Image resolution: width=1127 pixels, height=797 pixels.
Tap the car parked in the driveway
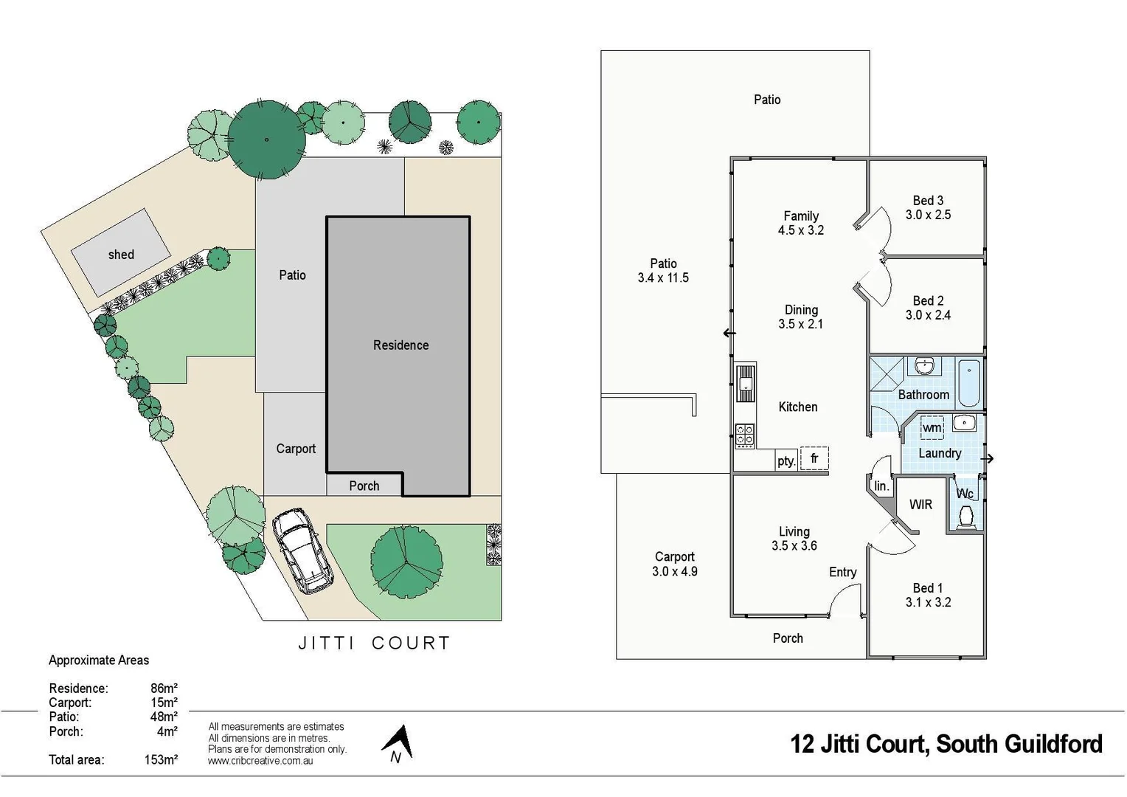pos(302,551)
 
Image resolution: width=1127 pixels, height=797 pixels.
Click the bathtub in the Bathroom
pos(968,382)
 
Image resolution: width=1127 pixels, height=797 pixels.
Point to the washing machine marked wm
pos(932,427)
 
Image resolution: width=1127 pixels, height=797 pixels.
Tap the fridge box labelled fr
pos(814,458)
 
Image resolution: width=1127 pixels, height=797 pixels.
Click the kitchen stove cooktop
pos(745,435)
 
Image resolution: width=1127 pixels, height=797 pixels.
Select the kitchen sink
pos(746,383)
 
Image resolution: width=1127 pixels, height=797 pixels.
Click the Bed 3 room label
pos(928,201)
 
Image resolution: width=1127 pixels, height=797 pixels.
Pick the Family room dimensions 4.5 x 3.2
pos(801,230)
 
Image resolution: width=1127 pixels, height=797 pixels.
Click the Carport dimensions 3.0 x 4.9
pos(675,571)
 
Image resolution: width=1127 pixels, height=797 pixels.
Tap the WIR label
pos(920,505)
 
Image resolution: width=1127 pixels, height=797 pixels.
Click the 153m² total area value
pos(161,759)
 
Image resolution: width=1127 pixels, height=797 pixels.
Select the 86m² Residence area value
pos(164,689)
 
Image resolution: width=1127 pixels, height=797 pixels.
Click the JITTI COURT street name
pos(374,644)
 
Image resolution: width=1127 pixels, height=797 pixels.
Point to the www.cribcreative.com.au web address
pos(260,761)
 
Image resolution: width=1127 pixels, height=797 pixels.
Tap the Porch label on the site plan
pos(364,486)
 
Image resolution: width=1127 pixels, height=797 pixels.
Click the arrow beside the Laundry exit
pos(988,458)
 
